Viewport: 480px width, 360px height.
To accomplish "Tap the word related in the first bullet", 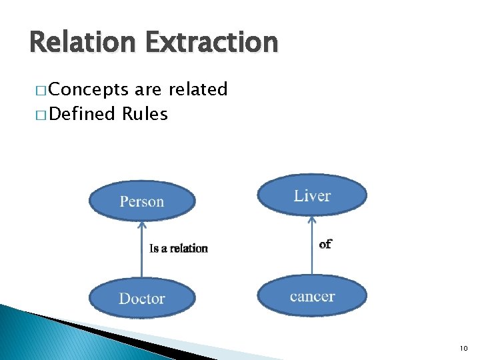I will tap(199, 89).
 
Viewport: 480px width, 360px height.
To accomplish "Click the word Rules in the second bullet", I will tap(145, 115).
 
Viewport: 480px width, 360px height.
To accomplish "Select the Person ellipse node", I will tap(142, 201).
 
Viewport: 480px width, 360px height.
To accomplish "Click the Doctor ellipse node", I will tap(142, 298).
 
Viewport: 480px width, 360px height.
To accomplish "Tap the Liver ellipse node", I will tap(312, 195).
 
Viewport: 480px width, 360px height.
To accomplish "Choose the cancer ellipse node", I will tap(312, 296).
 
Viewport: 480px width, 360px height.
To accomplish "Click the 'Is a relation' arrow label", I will tap(179, 249).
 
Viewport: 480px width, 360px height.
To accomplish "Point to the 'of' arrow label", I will tap(325, 244).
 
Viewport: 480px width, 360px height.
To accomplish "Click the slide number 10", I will tap(463, 348).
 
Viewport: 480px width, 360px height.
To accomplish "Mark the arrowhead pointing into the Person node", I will tap(141, 225).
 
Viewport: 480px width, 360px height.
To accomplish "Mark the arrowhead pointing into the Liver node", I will tap(312, 219).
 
